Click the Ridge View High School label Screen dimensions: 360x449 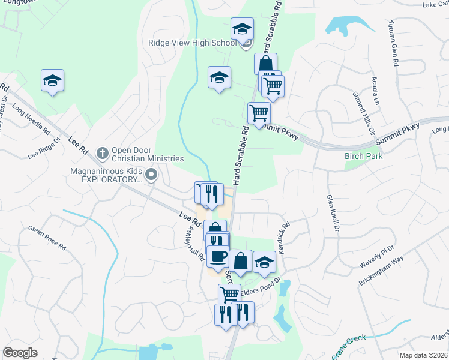[192, 43]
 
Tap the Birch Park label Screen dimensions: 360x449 [363, 156]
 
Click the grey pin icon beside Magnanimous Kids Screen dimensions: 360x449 [151, 175]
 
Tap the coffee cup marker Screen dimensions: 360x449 [218, 257]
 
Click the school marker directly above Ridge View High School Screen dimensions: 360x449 [242, 28]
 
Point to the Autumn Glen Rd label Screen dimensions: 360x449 [394, 37]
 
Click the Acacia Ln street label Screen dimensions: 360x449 [375, 91]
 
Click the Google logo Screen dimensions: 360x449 [19, 352]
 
